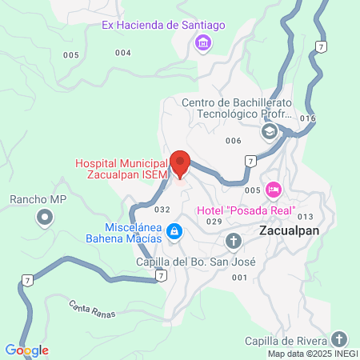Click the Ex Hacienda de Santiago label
tap(163, 25)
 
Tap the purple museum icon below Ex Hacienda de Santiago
tap(203, 42)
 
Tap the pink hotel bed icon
tap(274, 190)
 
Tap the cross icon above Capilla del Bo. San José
tap(233, 240)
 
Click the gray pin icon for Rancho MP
tap(45, 216)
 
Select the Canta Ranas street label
tap(92, 308)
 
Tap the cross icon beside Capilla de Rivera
tap(339, 338)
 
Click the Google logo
tap(27, 350)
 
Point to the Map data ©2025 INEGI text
tap(312, 354)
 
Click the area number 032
tap(162, 210)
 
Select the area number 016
tap(308, 118)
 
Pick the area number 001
tap(238, 277)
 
